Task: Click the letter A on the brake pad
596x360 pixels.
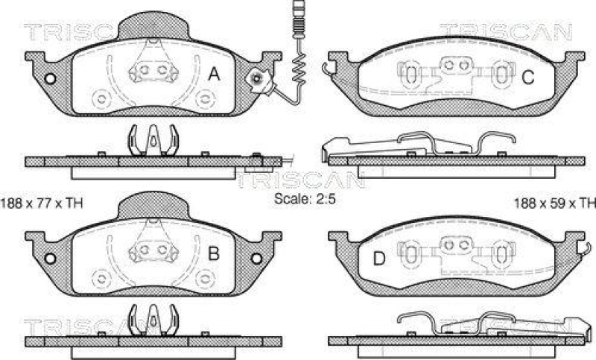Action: pos(214,74)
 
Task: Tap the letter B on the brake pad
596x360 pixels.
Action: pos(212,254)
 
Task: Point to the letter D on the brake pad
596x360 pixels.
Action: pos(378,258)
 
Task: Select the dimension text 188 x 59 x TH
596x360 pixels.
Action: pos(555,202)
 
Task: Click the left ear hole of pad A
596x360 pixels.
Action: pos(51,79)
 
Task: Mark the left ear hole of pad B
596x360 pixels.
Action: pos(51,259)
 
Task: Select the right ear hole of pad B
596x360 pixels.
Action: pos(259,259)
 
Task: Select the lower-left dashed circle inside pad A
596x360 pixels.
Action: pos(101,96)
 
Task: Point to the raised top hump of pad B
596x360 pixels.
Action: pos(153,202)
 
